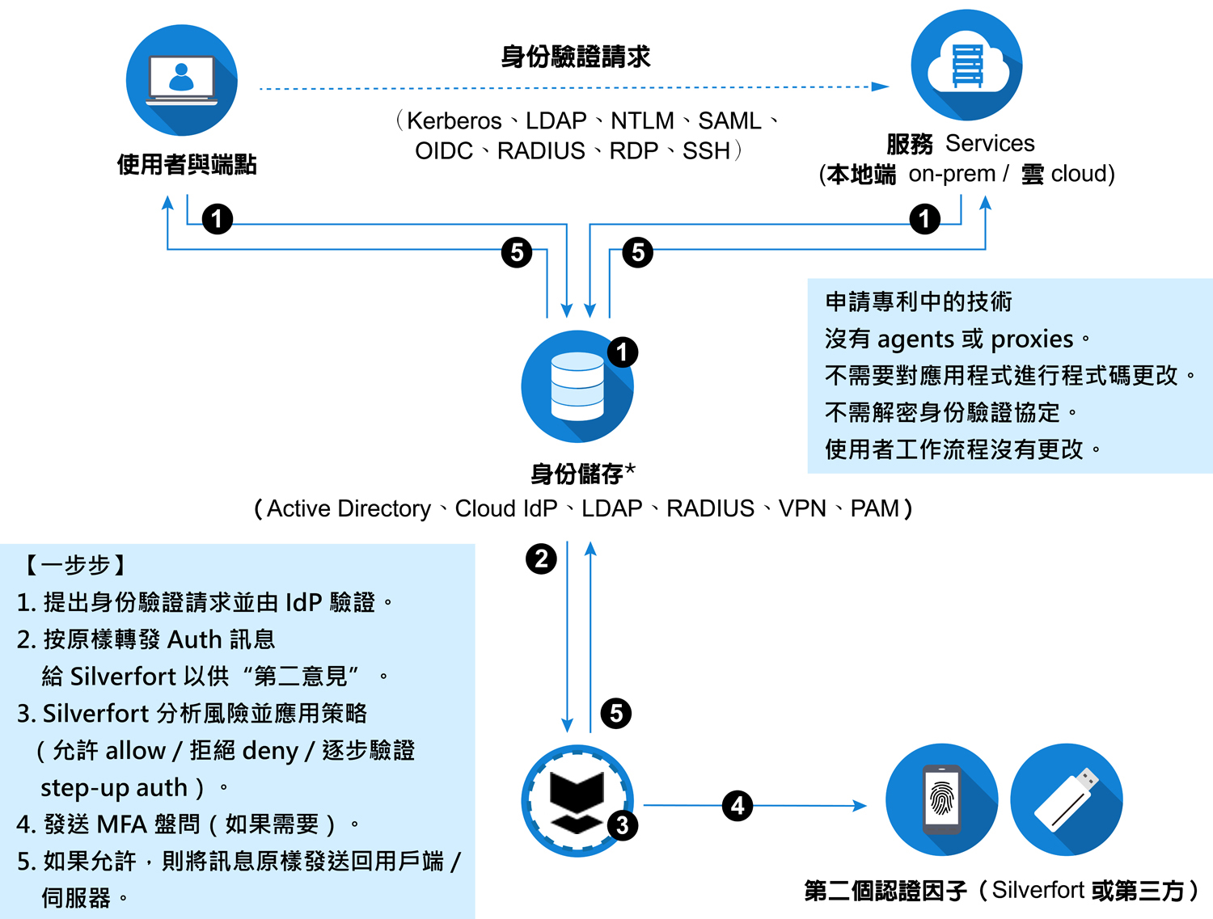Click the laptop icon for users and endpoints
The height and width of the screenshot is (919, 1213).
(x=181, y=80)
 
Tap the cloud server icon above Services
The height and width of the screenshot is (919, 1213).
(x=966, y=65)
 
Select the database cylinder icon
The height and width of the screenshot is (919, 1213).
(x=577, y=386)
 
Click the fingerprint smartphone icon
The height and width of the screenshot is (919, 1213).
(x=941, y=799)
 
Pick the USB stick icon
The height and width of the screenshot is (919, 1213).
(x=1066, y=799)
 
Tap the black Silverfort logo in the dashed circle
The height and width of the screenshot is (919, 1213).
(x=577, y=801)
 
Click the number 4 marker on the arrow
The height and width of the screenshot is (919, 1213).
(x=738, y=805)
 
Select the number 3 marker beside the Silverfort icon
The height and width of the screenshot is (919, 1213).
(x=622, y=825)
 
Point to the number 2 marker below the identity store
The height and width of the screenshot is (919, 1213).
(x=541, y=559)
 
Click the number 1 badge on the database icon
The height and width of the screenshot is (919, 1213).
(x=622, y=352)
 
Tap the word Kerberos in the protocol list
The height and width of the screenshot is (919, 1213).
(x=454, y=120)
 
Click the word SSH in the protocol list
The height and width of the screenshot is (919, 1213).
(x=706, y=150)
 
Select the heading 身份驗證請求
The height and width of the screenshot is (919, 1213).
(x=575, y=57)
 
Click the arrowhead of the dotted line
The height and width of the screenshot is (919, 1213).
(x=880, y=86)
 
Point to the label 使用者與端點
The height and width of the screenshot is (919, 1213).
(x=187, y=165)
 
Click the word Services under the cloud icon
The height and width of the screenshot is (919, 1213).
(x=989, y=143)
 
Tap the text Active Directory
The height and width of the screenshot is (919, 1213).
(x=349, y=508)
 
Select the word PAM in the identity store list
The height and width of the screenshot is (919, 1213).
(x=874, y=508)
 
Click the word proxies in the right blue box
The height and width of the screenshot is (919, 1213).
(x=1031, y=339)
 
